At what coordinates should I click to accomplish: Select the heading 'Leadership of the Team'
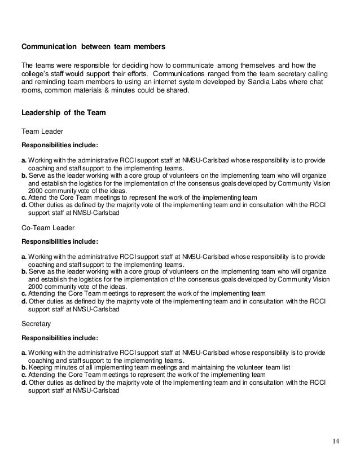click(59, 112)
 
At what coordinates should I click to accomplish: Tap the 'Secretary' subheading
click(36, 324)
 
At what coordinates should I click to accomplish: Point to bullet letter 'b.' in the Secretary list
click(24, 367)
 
